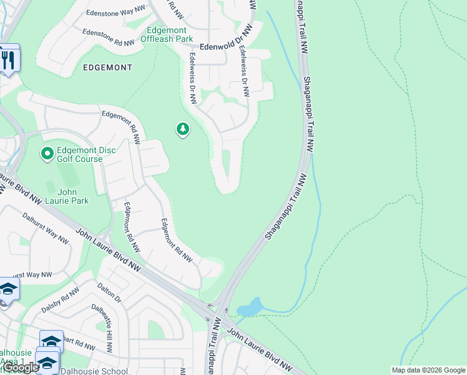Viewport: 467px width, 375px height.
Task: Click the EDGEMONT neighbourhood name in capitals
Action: (x=106, y=67)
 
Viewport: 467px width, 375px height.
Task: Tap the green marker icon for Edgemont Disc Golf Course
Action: (x=47, y=153)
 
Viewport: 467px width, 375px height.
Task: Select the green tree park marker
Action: (x=182, y=129)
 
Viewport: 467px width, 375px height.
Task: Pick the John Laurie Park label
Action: (x=72, y=196)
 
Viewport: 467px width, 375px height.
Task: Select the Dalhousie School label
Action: (x=94, y=371)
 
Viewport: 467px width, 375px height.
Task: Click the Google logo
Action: (x=21, y=367)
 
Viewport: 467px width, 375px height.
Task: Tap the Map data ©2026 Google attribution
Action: (x=428, y=370)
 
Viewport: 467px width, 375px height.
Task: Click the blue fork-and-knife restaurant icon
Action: (x=7, y=59)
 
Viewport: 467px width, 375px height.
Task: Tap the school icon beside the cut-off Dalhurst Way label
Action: (x=7, y=289)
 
